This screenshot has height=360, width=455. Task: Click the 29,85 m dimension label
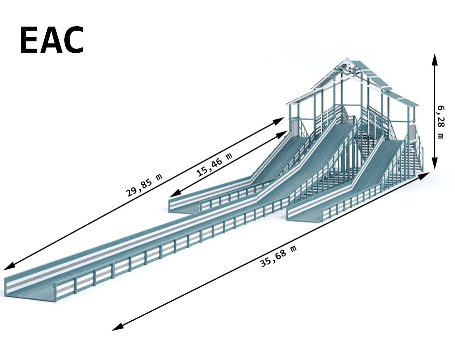pos(144,186)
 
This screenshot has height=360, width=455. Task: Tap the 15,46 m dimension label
pos(214,165)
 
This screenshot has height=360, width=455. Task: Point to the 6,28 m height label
pos(441,122)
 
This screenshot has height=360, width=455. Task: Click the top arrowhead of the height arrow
pos(435,59)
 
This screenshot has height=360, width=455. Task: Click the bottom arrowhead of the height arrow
pos(435,163)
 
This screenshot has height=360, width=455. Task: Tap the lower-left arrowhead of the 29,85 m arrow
pos(9,267)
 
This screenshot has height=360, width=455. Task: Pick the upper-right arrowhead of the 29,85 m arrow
pos(279,120)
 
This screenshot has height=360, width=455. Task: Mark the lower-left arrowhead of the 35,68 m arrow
pos(117,327)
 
